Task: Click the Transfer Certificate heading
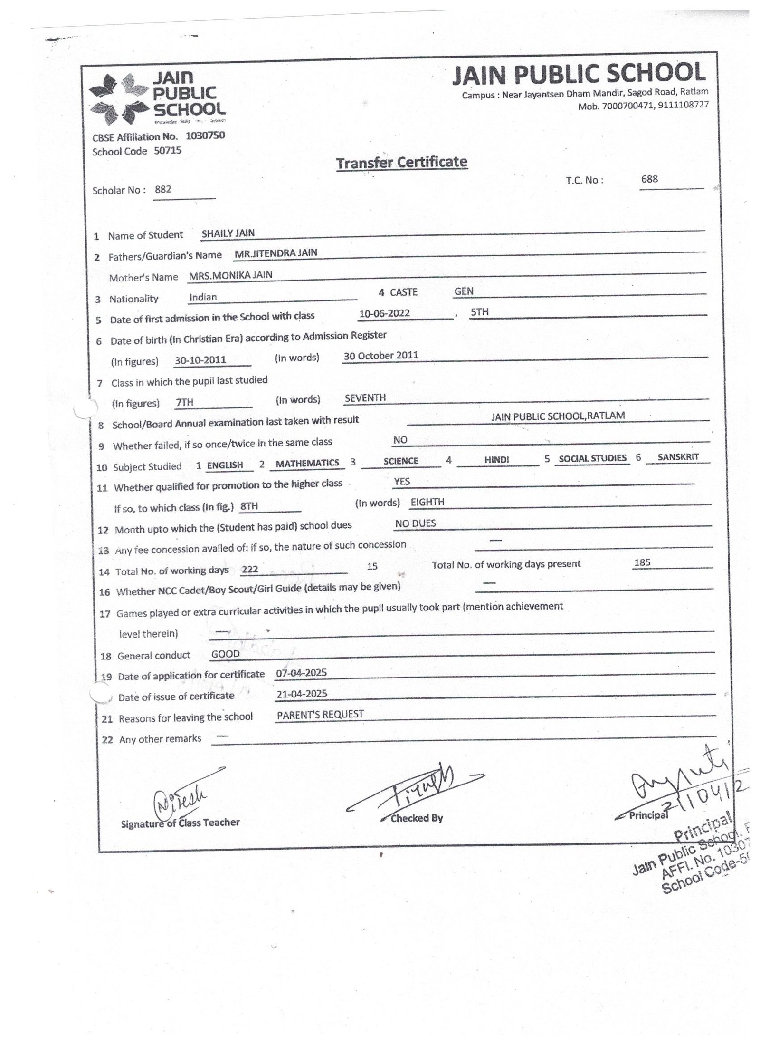pos(401,163)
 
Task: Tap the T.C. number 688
pos(649,179)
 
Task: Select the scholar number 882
pos(163,189)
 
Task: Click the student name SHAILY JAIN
pos(228,233)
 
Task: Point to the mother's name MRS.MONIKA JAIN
pos(230,275)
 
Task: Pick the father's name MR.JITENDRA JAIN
pos(276,253)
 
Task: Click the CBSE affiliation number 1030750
pos(205,136)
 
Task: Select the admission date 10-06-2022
pos(385,313)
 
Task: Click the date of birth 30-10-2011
pos(200,360)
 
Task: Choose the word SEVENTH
pos(365,398)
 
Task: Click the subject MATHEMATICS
pos(307,463)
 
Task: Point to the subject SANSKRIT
pos(678,457)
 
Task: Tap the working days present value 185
pos(642,562)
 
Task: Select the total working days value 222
pos(250,569)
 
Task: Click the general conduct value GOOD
pos(226,654)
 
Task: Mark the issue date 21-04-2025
pos(302,694)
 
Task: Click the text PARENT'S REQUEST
pos(320,714)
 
